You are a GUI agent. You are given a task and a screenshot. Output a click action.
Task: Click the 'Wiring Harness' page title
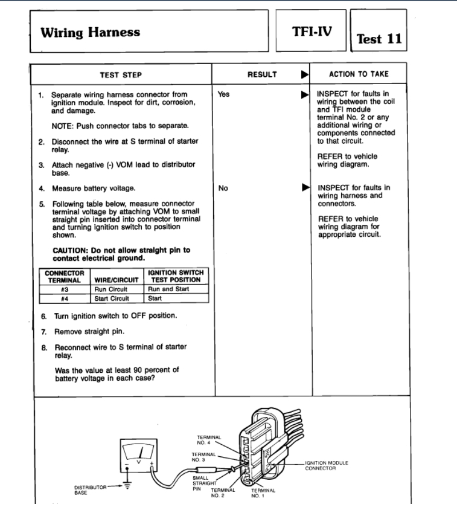pos(90,32)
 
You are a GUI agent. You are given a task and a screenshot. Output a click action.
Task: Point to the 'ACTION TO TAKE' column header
pos(359,74)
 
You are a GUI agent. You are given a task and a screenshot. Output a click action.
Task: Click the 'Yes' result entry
pos(224,95)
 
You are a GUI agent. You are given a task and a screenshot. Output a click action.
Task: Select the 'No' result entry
pos(223,189)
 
